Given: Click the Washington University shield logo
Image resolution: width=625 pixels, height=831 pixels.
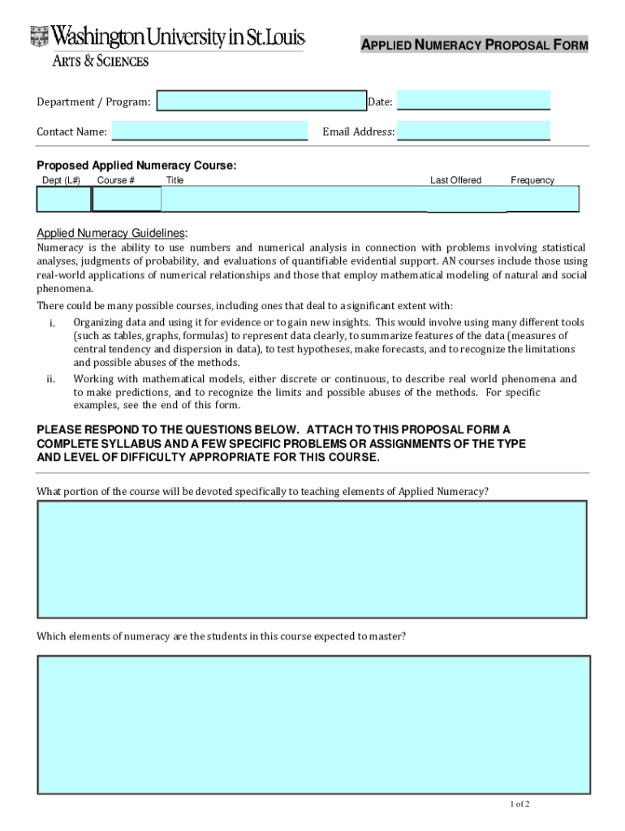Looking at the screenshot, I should [39, 37].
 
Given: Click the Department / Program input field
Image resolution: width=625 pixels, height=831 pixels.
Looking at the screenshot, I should [261, 101].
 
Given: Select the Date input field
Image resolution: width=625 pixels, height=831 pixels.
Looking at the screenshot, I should [473, 101].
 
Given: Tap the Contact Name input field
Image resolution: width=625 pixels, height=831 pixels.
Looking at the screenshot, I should [209, 131].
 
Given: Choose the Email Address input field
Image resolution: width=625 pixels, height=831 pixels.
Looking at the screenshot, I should [473, 131].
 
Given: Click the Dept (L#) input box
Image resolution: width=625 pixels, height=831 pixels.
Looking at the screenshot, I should [64, 199].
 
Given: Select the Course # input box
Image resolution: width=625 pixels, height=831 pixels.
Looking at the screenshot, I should [127, 199].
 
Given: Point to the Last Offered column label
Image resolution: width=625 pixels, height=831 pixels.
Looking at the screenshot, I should [455, 180].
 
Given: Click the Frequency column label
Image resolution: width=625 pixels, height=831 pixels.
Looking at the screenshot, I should [532, 180].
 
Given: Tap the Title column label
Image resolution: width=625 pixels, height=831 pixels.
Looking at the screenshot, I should [175, 180].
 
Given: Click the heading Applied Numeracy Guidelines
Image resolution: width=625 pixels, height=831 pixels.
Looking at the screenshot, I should [112, 232].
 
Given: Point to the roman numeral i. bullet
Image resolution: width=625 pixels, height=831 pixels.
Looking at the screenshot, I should [52, 324].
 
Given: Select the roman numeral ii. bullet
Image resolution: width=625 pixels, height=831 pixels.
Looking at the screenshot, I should [51, 379].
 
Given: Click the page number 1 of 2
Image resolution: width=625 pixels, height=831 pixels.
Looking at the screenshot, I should [519, 804].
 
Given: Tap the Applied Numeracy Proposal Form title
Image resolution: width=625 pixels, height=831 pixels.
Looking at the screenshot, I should [474, 45].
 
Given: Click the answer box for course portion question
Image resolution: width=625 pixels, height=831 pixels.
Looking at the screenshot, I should [312, 559].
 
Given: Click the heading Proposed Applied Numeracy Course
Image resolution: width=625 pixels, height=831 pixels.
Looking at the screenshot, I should [136, 166].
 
